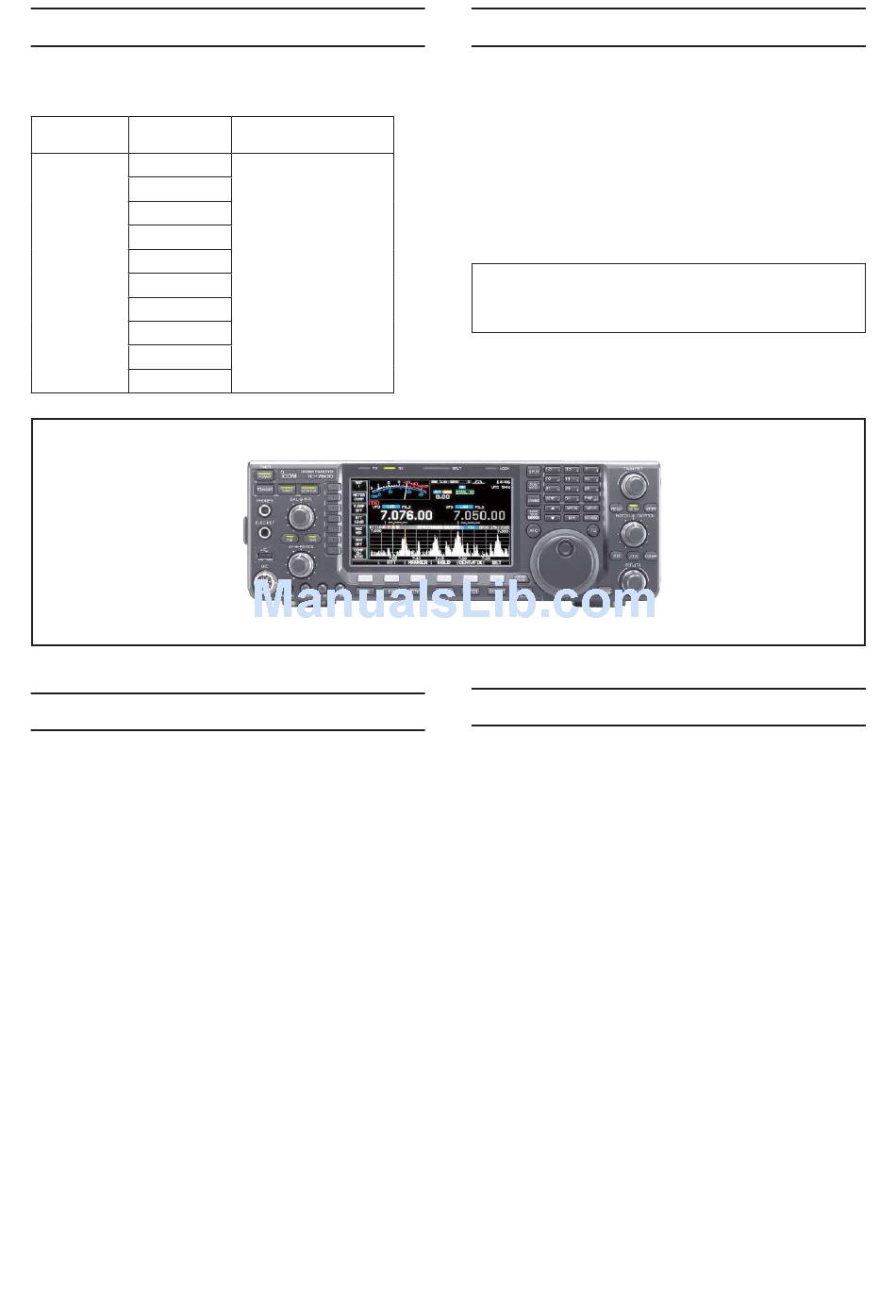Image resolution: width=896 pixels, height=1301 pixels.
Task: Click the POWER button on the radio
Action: tap(264, 476)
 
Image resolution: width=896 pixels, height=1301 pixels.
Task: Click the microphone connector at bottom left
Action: tap(265, 577)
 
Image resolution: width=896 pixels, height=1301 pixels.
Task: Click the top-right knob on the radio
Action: tap(634, 485)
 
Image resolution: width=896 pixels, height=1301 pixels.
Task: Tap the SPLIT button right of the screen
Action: tap(534, 471)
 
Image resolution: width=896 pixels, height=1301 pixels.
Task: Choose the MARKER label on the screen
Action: tap(418, 561)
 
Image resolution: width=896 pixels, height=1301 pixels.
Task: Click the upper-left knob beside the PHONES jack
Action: tap(302, 516)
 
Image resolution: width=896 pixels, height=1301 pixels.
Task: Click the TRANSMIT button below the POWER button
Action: tap(264, 490)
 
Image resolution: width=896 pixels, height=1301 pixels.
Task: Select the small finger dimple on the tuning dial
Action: tap(565, 546)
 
